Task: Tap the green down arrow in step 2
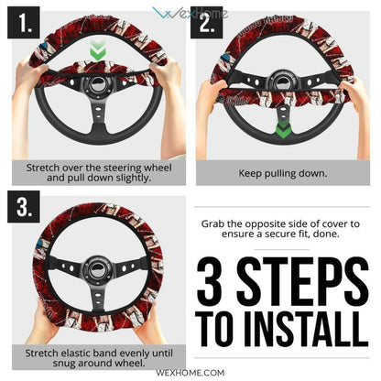click(x=284, y=129)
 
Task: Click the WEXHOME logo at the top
click(x=190, y=12)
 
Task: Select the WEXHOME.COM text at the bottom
click(x=190, y=373)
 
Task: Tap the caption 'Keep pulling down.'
click(x=283, y=171)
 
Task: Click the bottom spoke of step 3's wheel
click(x=98, y=307)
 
